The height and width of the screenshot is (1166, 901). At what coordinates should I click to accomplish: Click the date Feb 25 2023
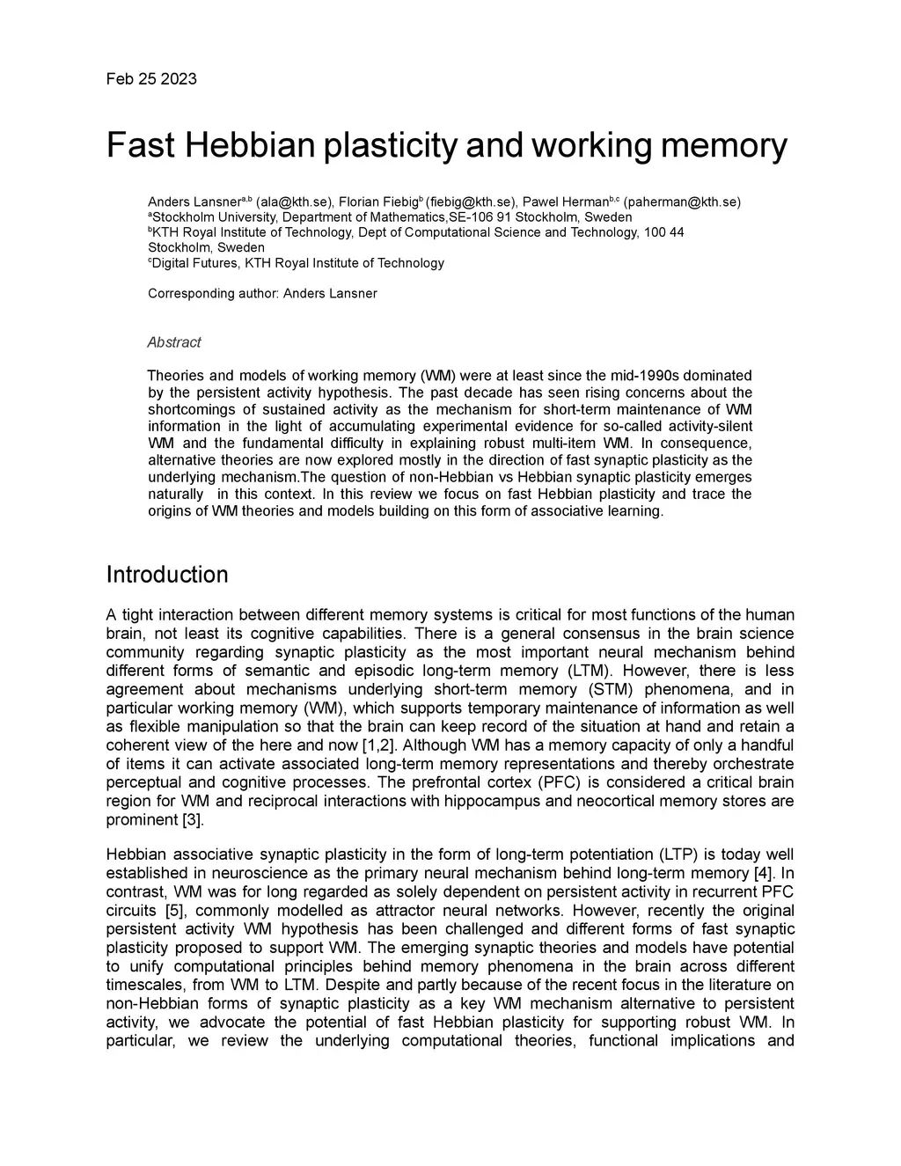151,79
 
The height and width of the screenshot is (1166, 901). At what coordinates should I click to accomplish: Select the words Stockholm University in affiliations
208,217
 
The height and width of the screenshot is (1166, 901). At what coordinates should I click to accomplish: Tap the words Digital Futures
188,263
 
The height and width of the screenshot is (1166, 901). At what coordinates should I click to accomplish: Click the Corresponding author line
262,294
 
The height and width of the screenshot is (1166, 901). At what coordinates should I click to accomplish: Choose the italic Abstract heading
174,342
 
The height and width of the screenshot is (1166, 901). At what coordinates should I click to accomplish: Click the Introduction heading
167,576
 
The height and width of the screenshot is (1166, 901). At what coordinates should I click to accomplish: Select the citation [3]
192,820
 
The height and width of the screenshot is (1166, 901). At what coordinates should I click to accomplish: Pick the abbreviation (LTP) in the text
670,855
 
